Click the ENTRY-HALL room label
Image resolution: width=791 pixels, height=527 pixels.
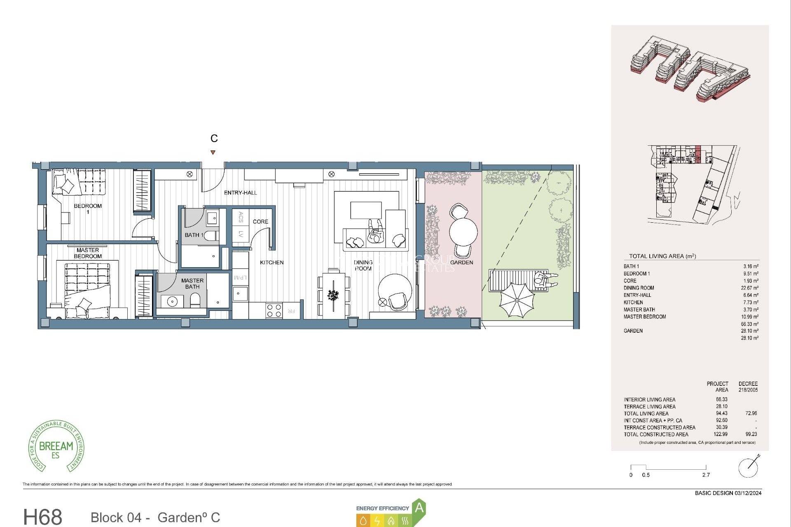240,193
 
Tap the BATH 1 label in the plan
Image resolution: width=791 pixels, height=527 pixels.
194,235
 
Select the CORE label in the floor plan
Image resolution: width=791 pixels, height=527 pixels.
260,222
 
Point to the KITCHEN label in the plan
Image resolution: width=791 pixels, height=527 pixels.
271,262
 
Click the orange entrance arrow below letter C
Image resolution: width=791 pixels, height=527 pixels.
213,152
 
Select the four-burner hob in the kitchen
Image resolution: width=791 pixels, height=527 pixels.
274,310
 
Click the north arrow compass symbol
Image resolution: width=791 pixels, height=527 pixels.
749,467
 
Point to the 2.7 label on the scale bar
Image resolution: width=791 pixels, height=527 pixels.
706,475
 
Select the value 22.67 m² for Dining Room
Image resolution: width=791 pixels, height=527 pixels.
749,288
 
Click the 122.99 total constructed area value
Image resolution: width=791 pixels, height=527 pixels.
721,434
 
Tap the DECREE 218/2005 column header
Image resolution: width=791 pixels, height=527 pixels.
748,387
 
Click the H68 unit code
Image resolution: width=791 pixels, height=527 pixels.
43,517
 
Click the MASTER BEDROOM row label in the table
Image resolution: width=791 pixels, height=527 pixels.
644,317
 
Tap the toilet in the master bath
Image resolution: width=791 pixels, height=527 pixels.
195,301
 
